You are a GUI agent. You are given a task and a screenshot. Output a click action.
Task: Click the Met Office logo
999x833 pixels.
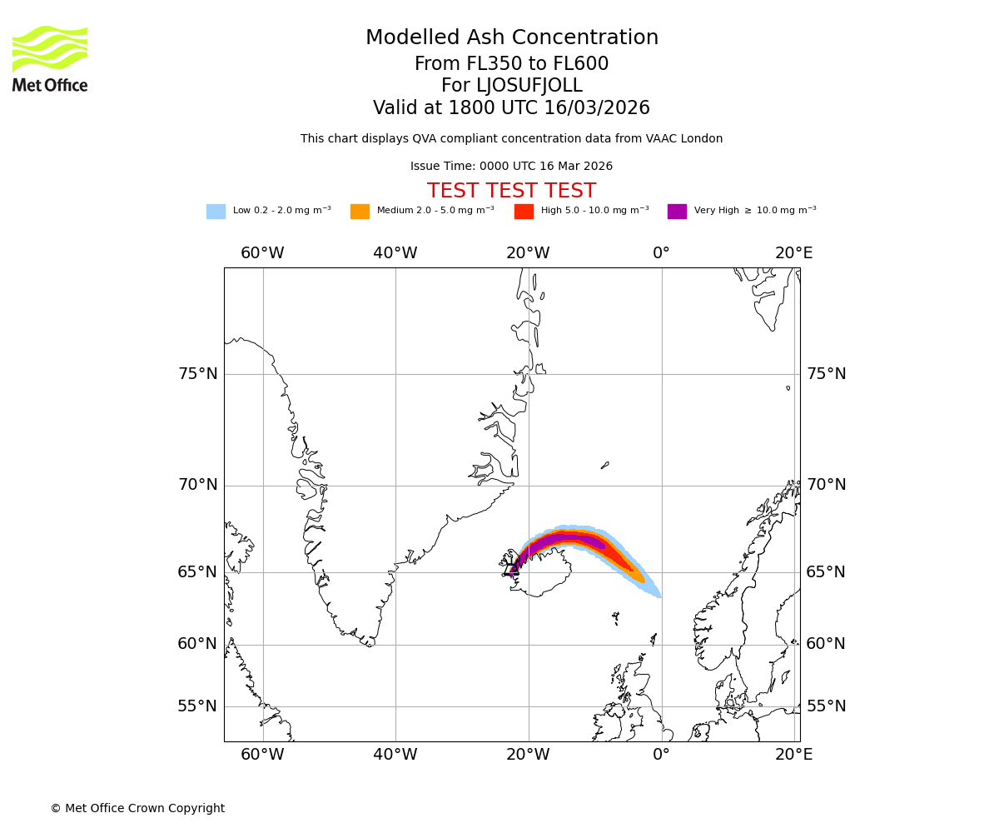click(x=50, y=58)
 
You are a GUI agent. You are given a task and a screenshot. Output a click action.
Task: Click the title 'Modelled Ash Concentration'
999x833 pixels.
click(x=511, y=38)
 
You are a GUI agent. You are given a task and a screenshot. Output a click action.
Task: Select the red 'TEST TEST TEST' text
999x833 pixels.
click(x=511, y=192)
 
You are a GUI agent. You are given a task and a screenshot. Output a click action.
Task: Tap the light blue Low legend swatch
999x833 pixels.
click(x=216, y=212)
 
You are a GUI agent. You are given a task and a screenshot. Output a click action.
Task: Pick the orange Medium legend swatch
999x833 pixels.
click(x=360, y=212)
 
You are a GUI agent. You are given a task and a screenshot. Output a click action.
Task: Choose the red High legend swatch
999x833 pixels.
click(x=524, y=212)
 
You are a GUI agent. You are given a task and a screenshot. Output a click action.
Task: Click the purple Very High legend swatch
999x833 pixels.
click(x=677, y=212)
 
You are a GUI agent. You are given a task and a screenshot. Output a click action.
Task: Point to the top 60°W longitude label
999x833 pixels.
click(x=262, y=253)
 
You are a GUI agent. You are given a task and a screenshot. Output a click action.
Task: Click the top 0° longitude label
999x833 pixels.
click(x=661, y=253)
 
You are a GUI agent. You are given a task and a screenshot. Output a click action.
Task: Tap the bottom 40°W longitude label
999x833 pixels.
click(x=395, y=755)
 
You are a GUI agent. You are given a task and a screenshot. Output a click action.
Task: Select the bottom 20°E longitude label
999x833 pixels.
click(x=793, y=755)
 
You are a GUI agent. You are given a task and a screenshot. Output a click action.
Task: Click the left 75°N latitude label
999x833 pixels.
click(x=197, y=374)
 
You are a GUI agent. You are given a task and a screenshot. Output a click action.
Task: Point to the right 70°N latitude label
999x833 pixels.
click(x=826, y=485)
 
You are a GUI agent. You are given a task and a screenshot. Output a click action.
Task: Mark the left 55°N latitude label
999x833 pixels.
click(x=197, y=706)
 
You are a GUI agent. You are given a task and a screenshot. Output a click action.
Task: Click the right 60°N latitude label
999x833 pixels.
click(x=826, y=644)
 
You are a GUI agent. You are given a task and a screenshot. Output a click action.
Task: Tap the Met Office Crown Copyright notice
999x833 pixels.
click(x=137, y=809)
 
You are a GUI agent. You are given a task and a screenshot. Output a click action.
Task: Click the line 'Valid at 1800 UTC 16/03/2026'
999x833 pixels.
click(x=511, y=108)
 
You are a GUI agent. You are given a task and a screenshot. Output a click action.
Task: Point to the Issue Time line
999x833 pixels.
click(x=511, y=167)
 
